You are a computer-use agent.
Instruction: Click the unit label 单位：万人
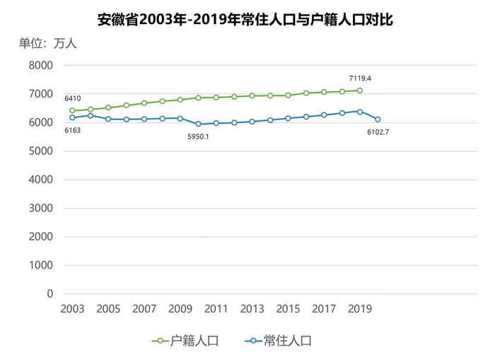47,43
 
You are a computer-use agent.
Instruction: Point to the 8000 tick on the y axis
40,65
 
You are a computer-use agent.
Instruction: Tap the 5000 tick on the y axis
40,151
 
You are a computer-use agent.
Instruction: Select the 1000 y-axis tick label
40,265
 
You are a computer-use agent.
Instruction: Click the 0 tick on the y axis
49,294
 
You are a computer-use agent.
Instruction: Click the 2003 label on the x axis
72,309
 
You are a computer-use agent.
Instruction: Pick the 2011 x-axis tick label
216,309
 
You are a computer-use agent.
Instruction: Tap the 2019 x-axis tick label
360,309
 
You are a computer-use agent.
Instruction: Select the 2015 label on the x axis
288,309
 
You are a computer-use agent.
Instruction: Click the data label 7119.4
360,78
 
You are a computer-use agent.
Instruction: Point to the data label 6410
73,98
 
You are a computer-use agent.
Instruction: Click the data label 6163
72,130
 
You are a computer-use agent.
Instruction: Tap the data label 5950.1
198,136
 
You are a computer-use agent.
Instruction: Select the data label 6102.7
378,132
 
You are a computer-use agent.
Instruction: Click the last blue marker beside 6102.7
378,120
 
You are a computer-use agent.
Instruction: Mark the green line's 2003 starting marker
72,110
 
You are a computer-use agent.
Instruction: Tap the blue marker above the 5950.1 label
198,124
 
